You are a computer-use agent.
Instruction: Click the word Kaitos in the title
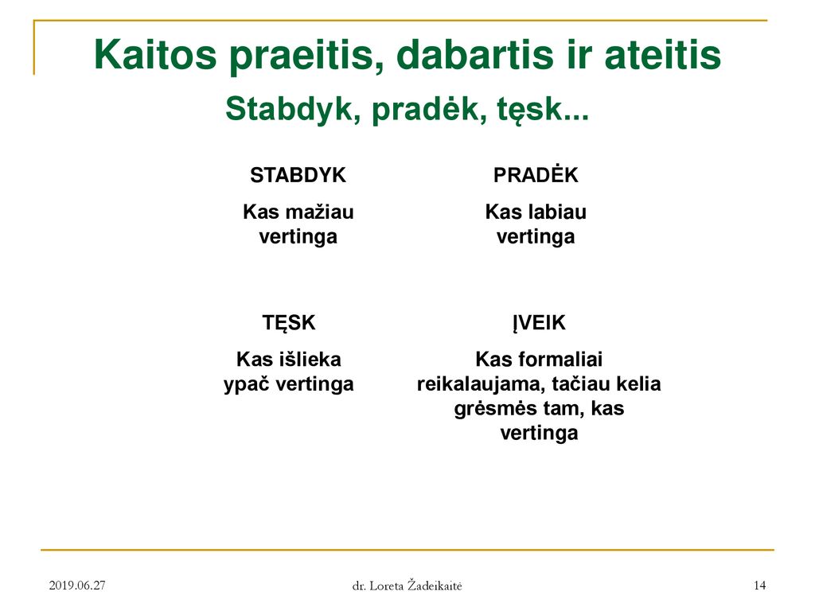pyautogui.click(x=155, y=55)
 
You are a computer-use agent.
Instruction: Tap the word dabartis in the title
pyautogui.click(x=475, y=55)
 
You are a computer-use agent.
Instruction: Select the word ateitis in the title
pyautogui.click(x=663, y=55)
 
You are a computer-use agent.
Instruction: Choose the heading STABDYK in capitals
pyautogui.click(x=298, y=175)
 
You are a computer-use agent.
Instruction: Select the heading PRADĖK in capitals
pyautogui.click(x=536, y=174)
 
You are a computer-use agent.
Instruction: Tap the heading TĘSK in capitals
pyautogui.click(x=288, y=323)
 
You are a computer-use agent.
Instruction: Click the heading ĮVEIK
pyautogui.click(x=539, y=323)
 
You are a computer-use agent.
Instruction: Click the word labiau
pyautogui.click(x=557, y=212)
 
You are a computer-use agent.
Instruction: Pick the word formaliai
pyautogui.click(x=560, y=360)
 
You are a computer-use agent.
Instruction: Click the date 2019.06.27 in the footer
pyautogui.click(x=77, y=586)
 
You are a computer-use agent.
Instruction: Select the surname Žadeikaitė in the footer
pyautogui.click(x=435, y=585)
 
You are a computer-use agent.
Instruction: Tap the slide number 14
pyautogui.click(x=759, y=586)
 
